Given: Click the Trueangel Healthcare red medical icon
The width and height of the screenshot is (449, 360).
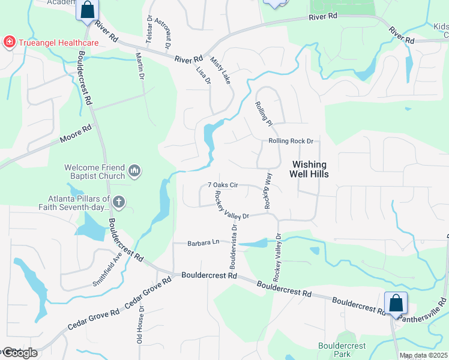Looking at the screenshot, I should (9, 42).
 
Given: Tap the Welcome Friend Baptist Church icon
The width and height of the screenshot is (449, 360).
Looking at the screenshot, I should (134, 172).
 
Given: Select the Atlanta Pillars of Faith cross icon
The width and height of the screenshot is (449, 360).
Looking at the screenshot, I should (118, 203).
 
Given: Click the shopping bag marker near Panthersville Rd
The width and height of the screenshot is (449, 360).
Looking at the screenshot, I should (396, 303).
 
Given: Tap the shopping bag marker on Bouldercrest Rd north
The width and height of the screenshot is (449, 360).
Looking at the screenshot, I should (87, 10).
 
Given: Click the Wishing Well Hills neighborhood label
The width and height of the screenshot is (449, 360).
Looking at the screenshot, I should (309, 169).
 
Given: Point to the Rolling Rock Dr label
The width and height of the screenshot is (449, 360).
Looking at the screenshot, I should (291, 141).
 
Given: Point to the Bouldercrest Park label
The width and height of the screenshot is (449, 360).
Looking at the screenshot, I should (341, 350).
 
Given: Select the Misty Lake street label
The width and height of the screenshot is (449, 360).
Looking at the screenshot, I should (220, 71).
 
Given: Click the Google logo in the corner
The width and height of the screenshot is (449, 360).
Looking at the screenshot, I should (19, 353).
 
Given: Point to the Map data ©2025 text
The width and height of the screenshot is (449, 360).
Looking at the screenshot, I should (423, 355).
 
